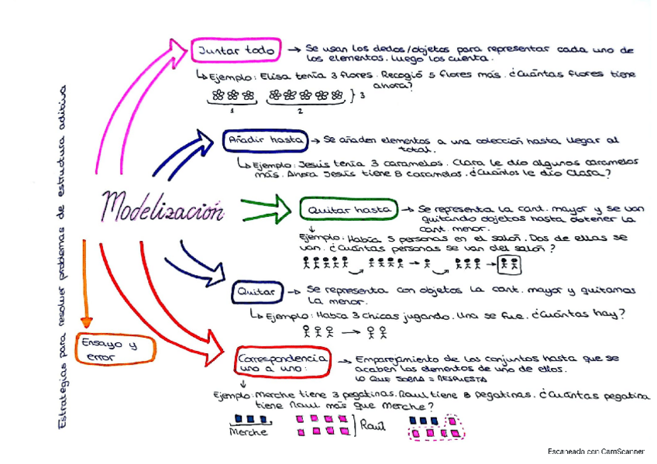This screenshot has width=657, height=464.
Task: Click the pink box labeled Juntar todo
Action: [x=235, y=51]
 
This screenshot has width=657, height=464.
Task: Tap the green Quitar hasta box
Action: [x=348, y=210]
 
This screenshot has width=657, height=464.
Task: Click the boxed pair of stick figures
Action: [x=509, y=265]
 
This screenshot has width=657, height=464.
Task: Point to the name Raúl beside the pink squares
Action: [x=373, y=426]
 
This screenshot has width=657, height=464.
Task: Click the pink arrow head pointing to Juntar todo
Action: [x=177, y=53]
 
